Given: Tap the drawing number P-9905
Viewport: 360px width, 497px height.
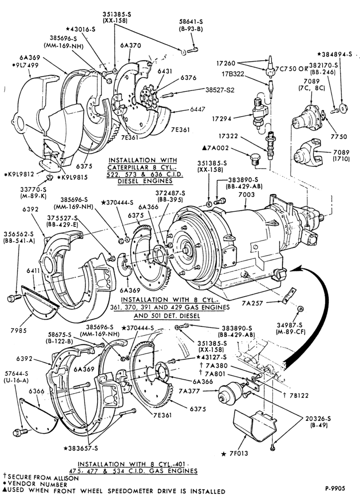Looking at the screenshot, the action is click(x=335, y=488).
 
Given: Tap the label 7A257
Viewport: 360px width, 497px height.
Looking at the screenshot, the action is click(x=252, y=303).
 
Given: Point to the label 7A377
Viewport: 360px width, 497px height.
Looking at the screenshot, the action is click(x=189, y=391).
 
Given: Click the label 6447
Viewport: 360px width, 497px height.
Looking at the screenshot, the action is click(x=197, y=109).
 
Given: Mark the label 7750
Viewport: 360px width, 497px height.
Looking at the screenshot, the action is click(x=339, y=137).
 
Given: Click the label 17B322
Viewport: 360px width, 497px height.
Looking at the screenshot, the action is click(x=233, y=74).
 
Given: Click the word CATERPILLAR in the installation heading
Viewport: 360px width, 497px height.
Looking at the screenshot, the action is click(x=137, y=167).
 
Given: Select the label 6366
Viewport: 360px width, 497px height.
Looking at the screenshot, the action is click(x=36, y=391).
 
